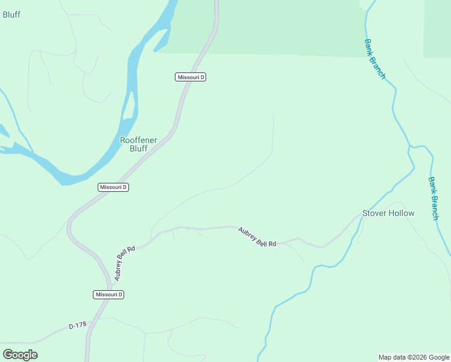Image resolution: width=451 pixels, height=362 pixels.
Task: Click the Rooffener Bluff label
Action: click(x=139, y=144)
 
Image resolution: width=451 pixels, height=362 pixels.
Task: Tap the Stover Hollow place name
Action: click(x=388, y=213)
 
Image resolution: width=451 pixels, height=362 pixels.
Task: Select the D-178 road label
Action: click(x=78, y=326)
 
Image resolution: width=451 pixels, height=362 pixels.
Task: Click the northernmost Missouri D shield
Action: click(x=191, y=77)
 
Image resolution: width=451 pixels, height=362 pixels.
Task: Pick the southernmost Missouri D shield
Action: click(x=109, y=294)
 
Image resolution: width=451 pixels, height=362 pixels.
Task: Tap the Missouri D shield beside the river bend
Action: click(x=113, y=187)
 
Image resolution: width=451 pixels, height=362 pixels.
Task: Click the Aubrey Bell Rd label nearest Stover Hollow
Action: click(x=257, y=237)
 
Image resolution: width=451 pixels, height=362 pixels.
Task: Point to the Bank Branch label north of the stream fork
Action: click(x=374, y=59)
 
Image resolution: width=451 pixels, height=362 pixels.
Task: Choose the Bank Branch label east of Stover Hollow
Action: click(x=433, y=198)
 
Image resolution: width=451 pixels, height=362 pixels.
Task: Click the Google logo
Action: click(x=20, y=355)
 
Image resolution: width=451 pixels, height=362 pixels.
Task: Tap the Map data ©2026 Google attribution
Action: click(x=414, y=357)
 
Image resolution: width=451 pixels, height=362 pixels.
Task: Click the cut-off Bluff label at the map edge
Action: click(x=11, y=14)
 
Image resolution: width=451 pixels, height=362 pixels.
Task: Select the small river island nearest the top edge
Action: click(x=161, y=41)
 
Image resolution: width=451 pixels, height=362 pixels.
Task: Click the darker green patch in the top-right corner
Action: click(x=437, y=27)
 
